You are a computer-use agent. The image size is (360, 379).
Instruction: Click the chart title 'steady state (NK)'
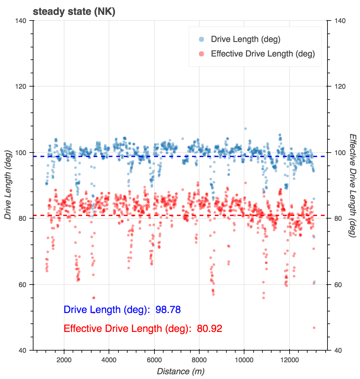click(x=74, y=12)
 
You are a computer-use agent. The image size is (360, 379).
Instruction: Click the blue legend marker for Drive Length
click(x=201, y=39)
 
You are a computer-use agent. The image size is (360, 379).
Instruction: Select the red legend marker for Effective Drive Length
click(x=201, y=54)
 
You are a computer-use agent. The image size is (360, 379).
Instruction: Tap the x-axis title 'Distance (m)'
click(x=180, y=371)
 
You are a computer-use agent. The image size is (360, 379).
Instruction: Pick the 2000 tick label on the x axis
click(x=64, y=360)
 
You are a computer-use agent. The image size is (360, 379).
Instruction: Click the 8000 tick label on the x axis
click(x=199, y=360)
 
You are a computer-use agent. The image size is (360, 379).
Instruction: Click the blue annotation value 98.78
click(x=168, y=310)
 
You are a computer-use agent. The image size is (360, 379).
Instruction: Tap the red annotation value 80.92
click(x=210, y=329)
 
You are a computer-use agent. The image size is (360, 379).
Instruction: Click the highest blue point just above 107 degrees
click(x=245, y=129)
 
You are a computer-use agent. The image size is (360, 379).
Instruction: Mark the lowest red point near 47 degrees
click(x=314, y=328)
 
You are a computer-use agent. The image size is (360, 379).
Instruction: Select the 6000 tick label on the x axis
click(x=154, y=360)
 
